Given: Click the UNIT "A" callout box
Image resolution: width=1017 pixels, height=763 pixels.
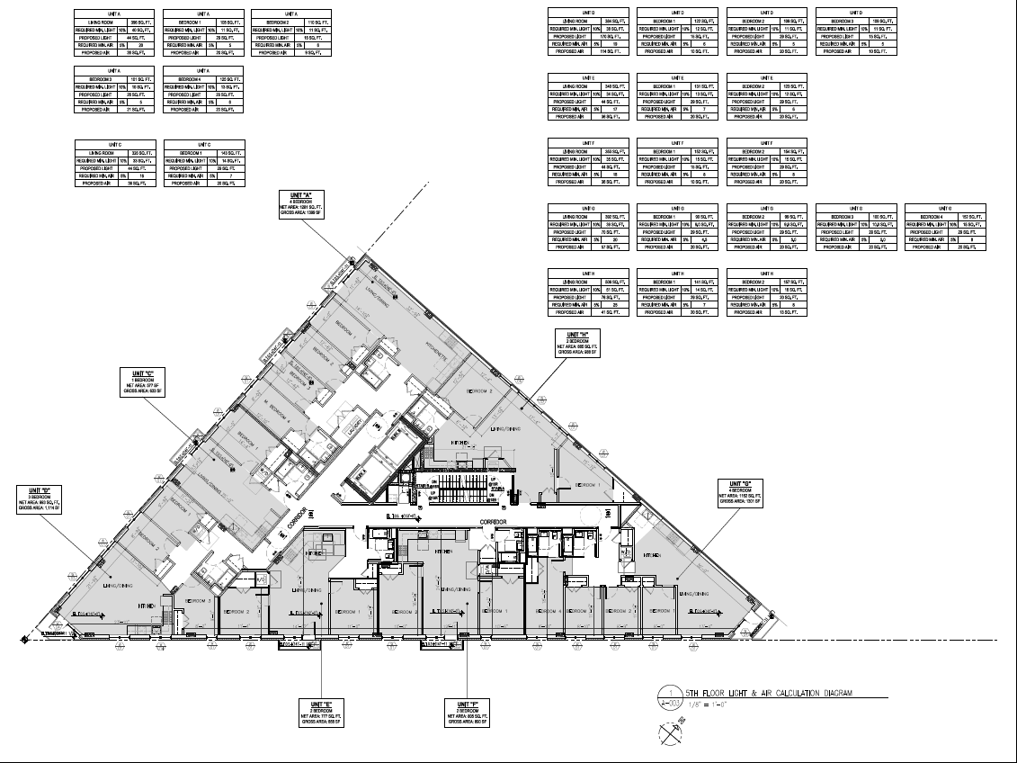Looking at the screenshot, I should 307,203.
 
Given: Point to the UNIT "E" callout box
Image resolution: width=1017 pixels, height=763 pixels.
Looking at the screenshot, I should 322,712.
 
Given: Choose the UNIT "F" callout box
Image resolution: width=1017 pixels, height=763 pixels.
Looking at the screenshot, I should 467,712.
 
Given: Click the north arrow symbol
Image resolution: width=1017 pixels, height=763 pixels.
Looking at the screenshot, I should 671,735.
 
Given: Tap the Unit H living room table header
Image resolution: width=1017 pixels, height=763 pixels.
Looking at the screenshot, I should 588,274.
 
